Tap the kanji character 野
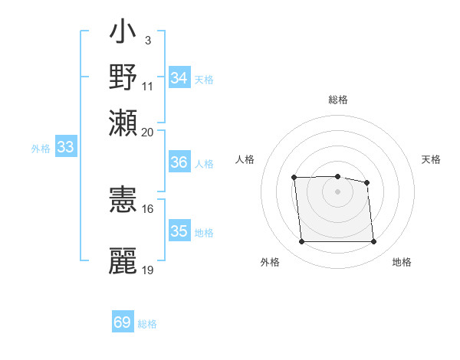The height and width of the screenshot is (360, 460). point(123,77)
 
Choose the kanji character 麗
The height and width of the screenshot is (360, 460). point(123,260)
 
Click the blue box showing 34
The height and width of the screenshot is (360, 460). point(179,78)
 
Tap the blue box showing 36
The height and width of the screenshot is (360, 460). point(179,162)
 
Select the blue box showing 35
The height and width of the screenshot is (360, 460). point(179,231)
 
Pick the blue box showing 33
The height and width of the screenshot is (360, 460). point(65,148)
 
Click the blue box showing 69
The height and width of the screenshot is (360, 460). point(123,322)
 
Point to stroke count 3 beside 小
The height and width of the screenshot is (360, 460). point(147,40)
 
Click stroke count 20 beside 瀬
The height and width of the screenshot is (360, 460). point(147,132)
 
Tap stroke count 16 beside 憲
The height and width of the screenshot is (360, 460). point(148,208)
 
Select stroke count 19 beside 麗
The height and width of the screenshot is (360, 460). point(148,270)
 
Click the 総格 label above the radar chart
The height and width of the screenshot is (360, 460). point(338,100)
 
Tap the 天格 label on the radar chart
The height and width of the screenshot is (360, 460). point(432,159)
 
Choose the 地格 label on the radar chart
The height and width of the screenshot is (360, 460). point(402,263)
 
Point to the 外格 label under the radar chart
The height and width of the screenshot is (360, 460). point(270,263)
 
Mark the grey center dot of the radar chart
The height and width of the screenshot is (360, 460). point(337,191)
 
